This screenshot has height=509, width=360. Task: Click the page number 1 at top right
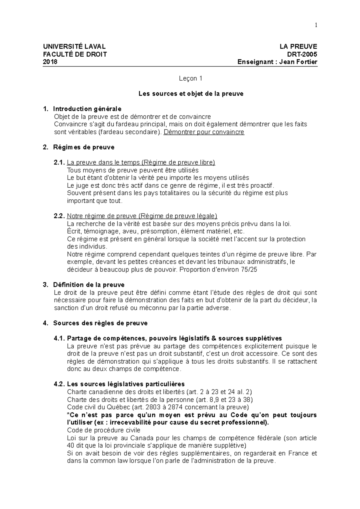point(316,25)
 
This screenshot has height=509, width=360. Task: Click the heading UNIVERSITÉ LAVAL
point(74,46)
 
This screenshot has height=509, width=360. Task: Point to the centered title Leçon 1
point(190,79)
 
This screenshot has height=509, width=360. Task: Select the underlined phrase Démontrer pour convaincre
point(204,132)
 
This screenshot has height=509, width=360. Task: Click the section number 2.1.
point(59,162)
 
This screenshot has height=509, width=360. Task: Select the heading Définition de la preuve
point(88,285)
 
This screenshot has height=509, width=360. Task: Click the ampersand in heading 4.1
point(214,338)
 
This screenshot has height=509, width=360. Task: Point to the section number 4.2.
point(59,384)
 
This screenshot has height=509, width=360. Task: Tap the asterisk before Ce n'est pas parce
point(68,415)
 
